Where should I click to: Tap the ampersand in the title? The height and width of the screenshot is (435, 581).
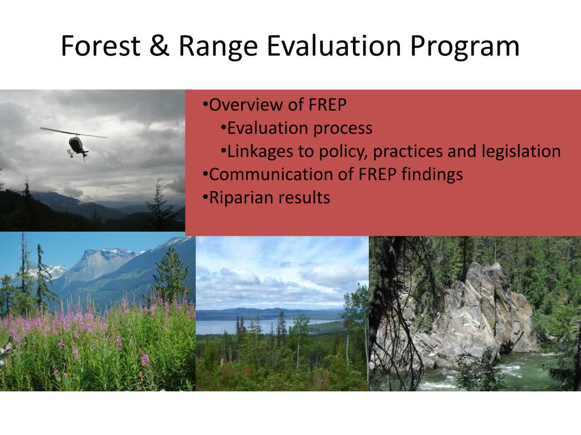(159, 46)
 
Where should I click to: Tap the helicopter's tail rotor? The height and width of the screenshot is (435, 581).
(85, 154)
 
